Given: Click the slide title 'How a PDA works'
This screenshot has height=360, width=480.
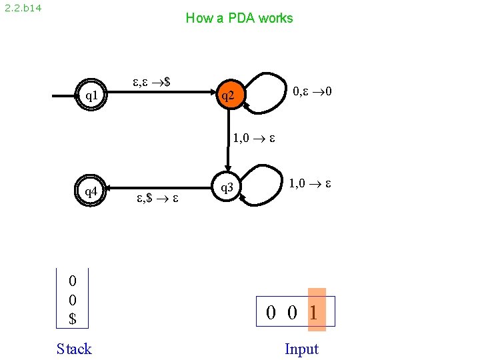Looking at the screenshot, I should click(x=239, y=18).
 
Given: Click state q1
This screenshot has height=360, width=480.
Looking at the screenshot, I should click(x=91, y=96).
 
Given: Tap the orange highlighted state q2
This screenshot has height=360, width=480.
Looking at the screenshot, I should click(x=228, y=96).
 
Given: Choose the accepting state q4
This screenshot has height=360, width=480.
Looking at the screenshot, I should click(x=91, y=192).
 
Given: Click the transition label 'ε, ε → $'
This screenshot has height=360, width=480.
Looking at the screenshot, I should click(x=151, y=82).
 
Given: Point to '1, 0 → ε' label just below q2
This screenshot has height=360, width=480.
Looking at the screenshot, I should click(x=254, y=139).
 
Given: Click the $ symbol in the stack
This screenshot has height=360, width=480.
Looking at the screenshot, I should click(x=73, y=319).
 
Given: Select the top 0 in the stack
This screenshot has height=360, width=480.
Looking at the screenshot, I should click(x=73, y=280).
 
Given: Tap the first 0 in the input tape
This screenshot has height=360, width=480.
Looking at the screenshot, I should click(x=272, y=311).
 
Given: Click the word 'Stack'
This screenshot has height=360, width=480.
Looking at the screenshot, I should click(x=74, y=349).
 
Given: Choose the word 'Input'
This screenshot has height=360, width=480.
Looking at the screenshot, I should click(x=301, y=349).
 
